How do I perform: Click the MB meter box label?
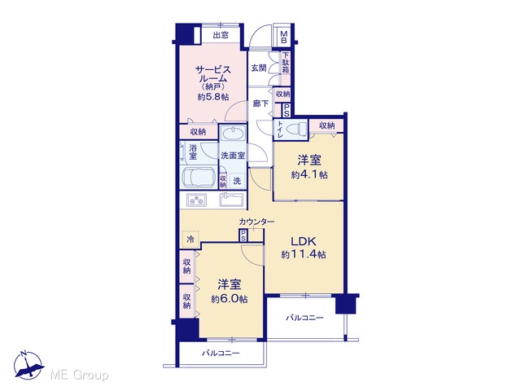coord(284,37)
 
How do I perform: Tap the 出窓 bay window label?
coord(221,35)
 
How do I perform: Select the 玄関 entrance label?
coord(259,68)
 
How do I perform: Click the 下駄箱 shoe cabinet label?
coord(286,63)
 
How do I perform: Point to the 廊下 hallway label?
coord(260,103)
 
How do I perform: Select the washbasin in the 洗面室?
coord(233,134)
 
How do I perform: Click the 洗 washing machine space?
coord(237,181)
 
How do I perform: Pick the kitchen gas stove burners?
coord(196,200)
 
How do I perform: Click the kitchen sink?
coord(232,200)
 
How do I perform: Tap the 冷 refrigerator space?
coord(190,239)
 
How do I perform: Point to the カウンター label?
coord(256,222)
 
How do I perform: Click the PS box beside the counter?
coord(243,235)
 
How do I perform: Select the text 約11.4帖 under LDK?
coord(304,255)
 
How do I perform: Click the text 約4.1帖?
coord(309,174)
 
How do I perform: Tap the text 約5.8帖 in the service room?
coord(213,97)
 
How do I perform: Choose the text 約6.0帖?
coord(229,299)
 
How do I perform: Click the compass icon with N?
coord(28,365)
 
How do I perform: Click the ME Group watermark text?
coord(79,376)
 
